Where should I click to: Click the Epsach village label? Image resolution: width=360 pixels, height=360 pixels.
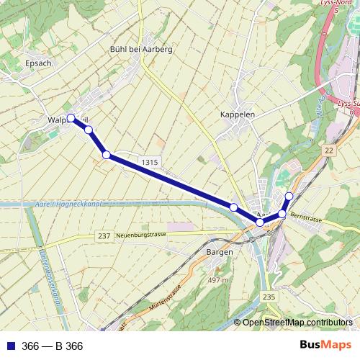click(38, 63)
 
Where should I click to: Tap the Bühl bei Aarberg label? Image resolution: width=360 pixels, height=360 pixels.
click(141, 50)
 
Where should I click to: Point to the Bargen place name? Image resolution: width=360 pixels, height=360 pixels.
click(219, 253)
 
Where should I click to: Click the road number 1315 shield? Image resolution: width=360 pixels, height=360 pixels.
click(150, 163)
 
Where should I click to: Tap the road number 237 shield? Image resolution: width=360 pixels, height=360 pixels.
click(104, 236)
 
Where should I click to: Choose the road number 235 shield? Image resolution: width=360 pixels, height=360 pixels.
click(269, 297)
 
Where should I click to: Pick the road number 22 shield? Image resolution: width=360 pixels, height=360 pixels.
click(329, 150)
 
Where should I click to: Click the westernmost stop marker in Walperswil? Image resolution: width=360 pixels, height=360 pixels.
click(71, 117)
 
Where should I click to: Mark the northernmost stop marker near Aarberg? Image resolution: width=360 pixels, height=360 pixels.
click(289, 196)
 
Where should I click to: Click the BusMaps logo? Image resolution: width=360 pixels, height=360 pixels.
click(325, 346)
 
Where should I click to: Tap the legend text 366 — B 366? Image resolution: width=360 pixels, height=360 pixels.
click(53, 346)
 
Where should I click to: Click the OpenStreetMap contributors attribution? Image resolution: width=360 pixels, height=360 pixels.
click(297, 323)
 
